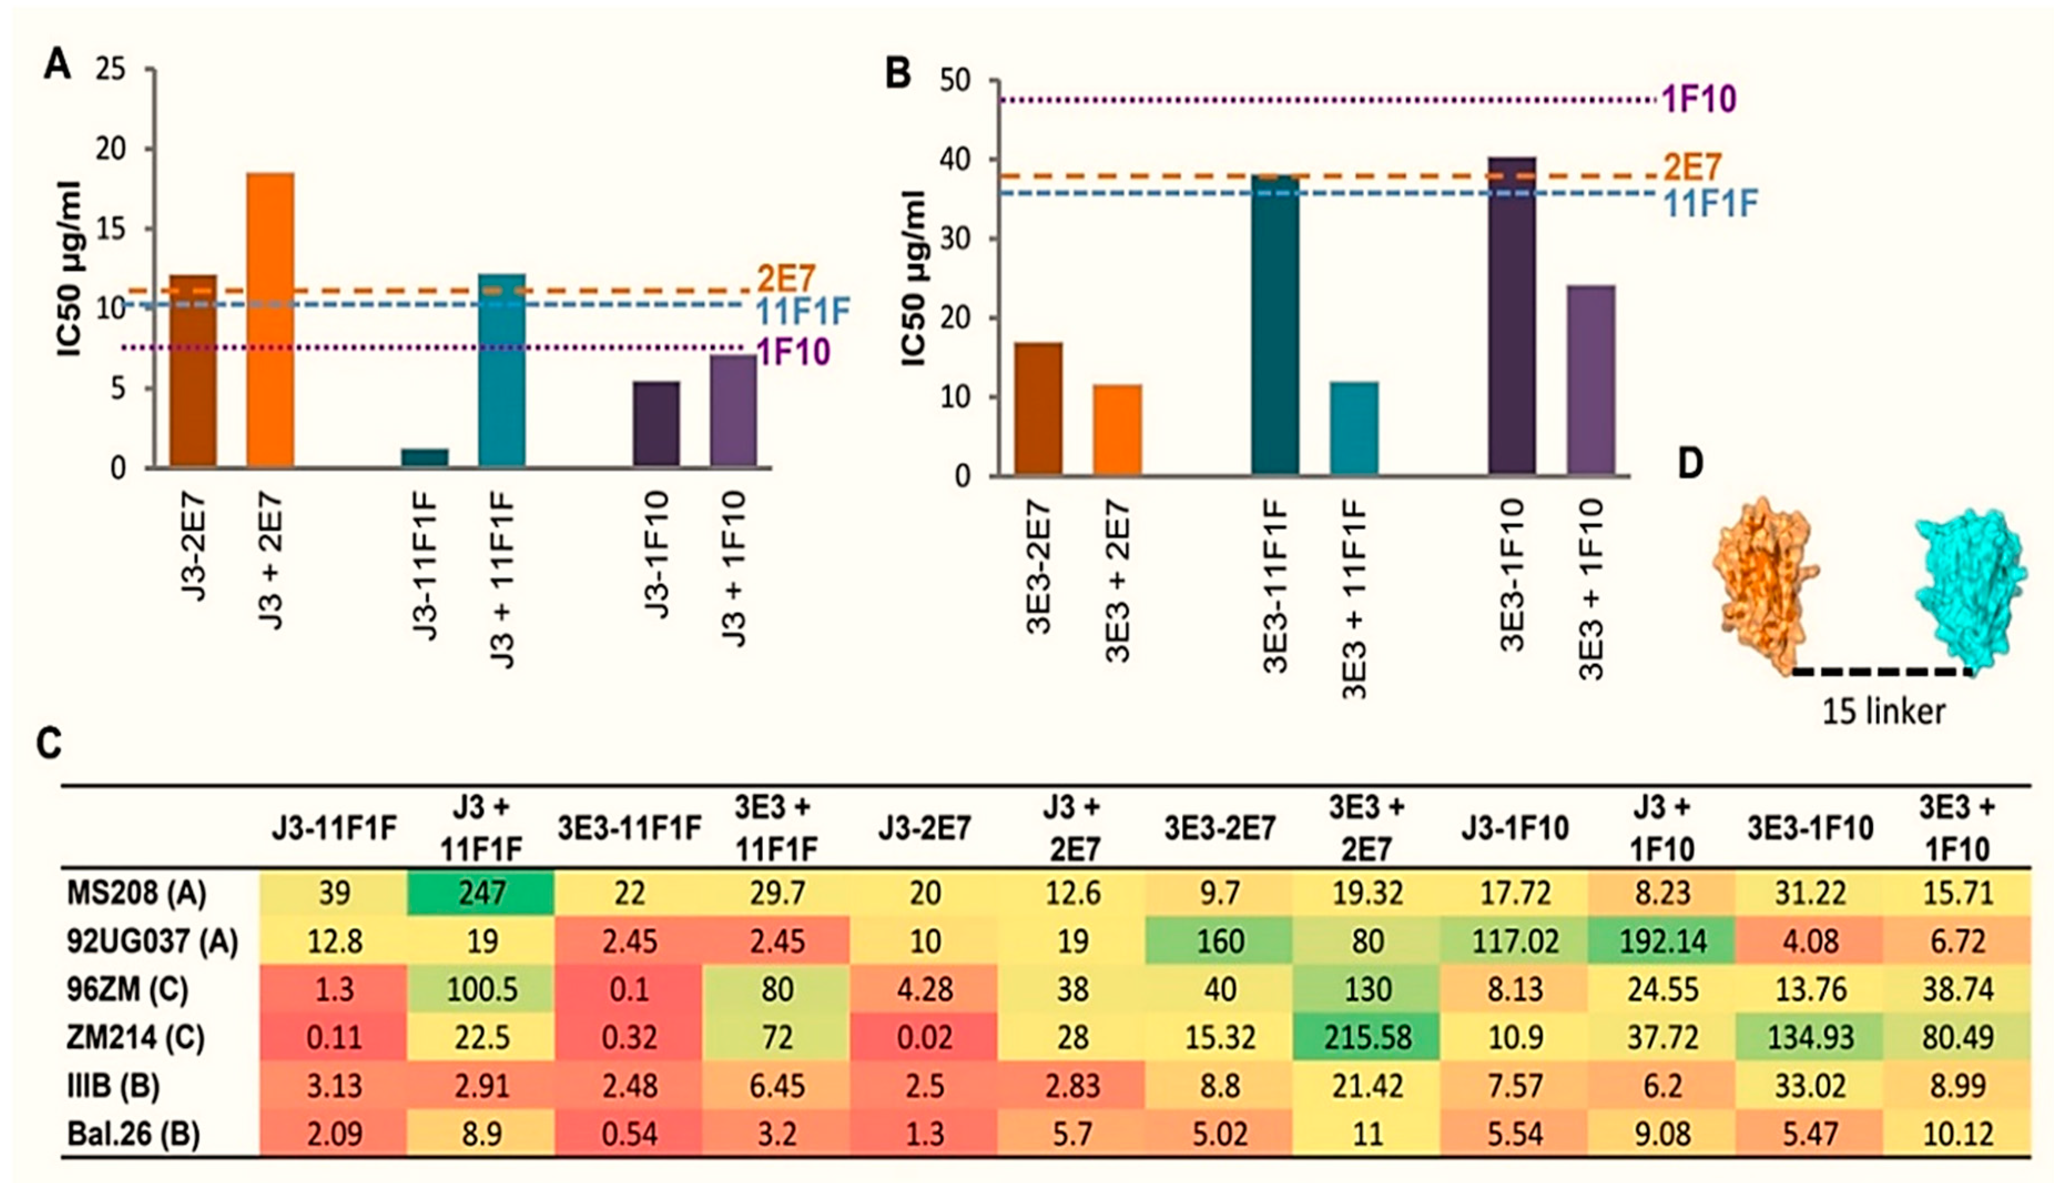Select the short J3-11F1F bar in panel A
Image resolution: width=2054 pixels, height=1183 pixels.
pos(424,458)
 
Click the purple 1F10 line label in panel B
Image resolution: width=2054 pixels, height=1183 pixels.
pos(1699,99)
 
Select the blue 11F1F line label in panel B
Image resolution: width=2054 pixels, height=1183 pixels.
pos(1711,203)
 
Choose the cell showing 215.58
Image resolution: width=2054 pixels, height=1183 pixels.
pos(1367,1038)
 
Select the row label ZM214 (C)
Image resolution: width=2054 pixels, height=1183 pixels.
pos(136,1038)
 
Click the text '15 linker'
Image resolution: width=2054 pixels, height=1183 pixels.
pos(1883,712)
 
